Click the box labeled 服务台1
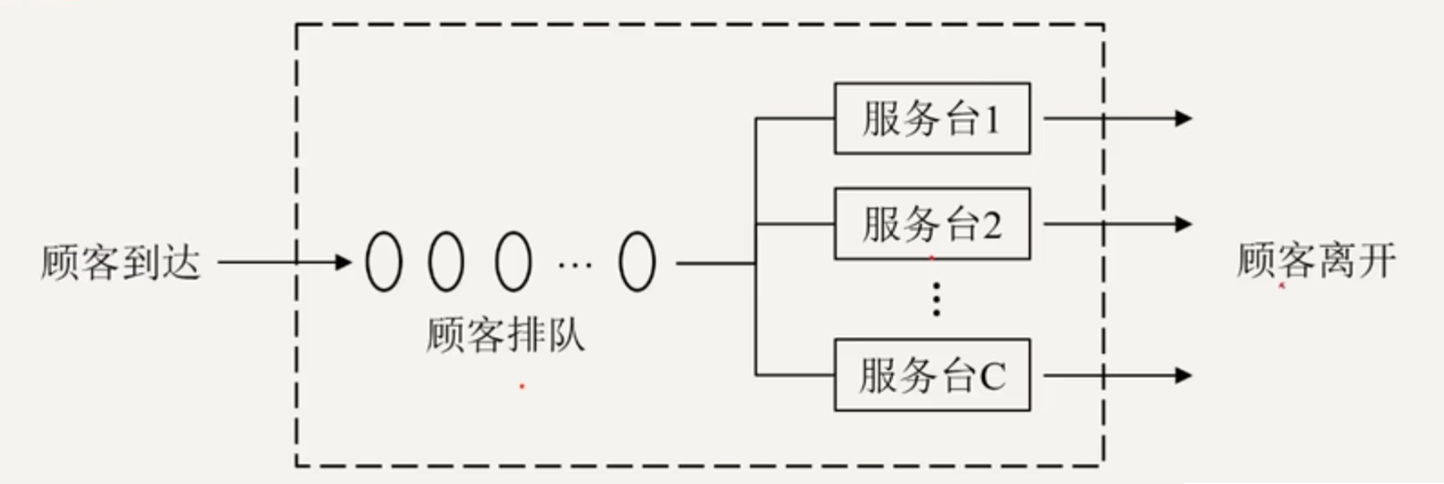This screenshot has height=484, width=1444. (x=932, y=119)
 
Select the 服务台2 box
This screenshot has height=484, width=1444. (x=932, y=224)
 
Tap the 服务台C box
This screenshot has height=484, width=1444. (x=932, y=375)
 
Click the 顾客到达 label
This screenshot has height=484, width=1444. (x=121, y=262)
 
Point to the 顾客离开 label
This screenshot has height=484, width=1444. (x=1316, y=261)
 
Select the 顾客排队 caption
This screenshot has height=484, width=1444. (x=505, y=334)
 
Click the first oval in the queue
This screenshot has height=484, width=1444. (x=384, y=262)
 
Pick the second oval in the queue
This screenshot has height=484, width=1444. (x=446, y=262)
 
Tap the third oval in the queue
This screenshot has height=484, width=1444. (x=513, y=262)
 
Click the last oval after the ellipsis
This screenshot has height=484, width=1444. (x=637, y=262)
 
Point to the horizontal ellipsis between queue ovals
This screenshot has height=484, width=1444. (x=575, y=264)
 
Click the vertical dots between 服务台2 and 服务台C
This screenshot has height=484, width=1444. (x=936, y=299)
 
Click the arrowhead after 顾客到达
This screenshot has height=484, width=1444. (x=344, y=262)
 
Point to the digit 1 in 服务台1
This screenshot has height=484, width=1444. (x=991, y=120)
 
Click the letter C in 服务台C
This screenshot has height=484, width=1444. (x=992, y=377)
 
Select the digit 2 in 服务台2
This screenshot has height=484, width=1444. (x=991, y=225)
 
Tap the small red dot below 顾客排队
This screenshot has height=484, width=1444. (x=522, y=386)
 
